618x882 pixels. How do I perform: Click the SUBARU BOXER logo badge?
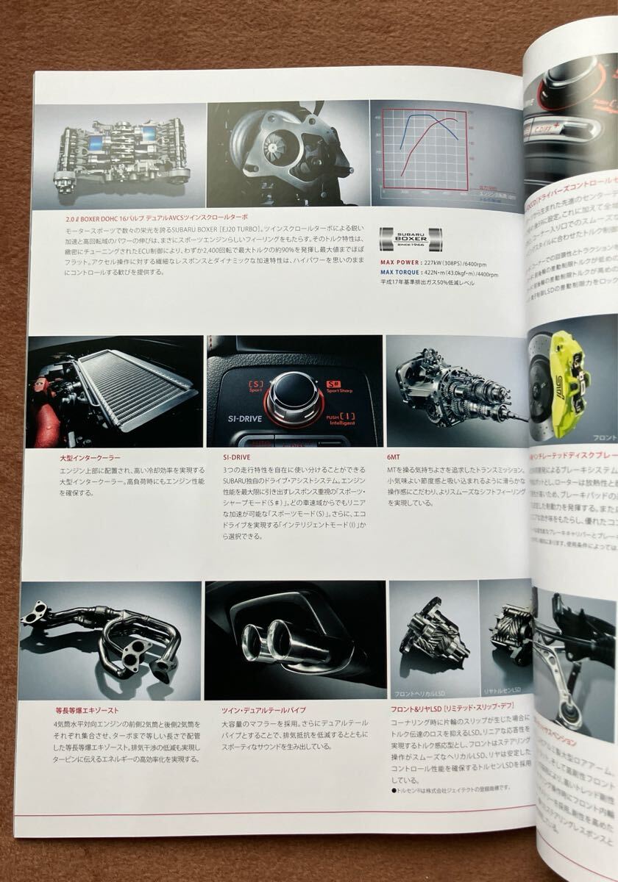click(410, 239)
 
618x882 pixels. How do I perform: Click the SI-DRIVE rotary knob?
click(293, 395)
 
